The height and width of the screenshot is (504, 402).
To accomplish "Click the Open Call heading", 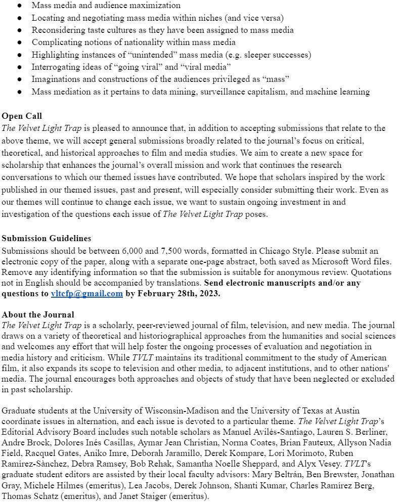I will pyautogui.click(x=21, y=115).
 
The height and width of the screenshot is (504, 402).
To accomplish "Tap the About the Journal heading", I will pyautogui.click(x=38, y=314).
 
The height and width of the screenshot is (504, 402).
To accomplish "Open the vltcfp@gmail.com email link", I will pyautogui.click(x=87, y=294).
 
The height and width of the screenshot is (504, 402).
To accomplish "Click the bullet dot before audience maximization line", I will pyautogui.click(x=19, y=6).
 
